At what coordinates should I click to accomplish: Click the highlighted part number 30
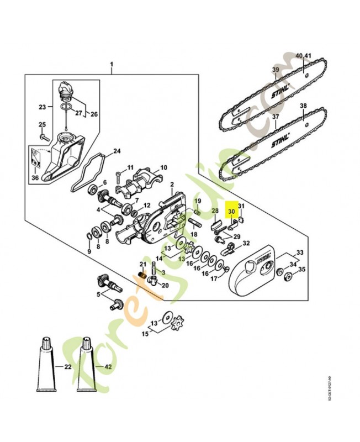click(x=231, y=211)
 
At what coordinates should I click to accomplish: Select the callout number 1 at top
click(x=112, y=65)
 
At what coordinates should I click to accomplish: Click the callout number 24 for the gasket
click(x=117, y=151)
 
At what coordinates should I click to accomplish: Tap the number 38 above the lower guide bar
click(x=303, y=106)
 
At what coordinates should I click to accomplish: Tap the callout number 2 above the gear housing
click(x=172, y=184)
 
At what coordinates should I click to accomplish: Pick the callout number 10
click(x=163, y=167)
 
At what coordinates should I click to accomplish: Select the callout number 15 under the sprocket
click(x=146, y=334)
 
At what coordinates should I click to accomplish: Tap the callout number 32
click(x=246, y=243)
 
